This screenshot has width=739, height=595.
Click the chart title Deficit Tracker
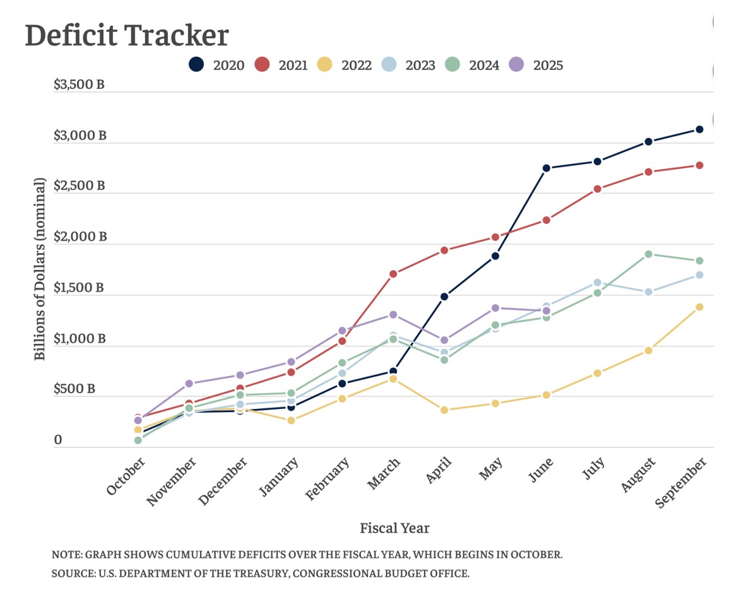(126, 36)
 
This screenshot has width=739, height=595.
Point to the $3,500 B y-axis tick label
(79, 85)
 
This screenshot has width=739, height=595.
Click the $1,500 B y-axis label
(79, 288)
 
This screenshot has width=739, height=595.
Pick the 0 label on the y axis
(58, 440)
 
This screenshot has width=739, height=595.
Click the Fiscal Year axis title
(394, 527)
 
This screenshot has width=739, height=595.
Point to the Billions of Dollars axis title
(40, 269)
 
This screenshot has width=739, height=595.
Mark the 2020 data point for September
(699, 129)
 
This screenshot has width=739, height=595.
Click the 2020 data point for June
(547, 168)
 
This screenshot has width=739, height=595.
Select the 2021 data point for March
(393, 274)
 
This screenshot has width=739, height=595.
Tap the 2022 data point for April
(444, 410)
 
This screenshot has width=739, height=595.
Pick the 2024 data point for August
(648, 254)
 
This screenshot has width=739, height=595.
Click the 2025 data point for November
(189, 384)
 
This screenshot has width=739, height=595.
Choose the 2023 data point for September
(699, 275)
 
